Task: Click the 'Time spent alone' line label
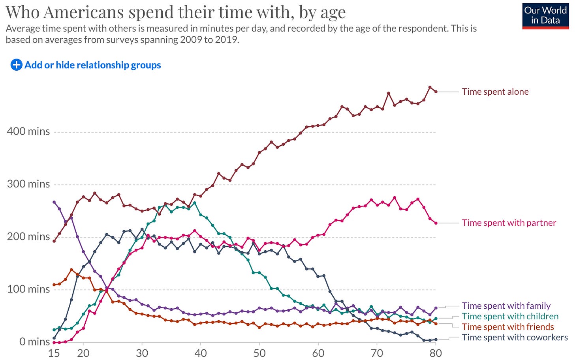(x=495, y=92)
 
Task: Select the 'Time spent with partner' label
(x=509, y=223)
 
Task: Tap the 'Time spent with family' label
(x=506, y=306)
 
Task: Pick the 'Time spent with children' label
(x=510, y=316)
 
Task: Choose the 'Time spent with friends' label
(x=508, y=327)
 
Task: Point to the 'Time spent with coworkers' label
(x=515, y=337)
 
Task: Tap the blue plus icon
(x=16, y=65)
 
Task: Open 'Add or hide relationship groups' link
(x=92, y=65)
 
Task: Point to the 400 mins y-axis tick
(x=28, y=131)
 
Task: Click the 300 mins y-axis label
(x=28, y=184)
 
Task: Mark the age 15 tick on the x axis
(x=54, y=352)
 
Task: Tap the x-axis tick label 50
(x=259, y=352)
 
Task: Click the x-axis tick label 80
(x=436, y=352)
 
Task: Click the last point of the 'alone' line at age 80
(x=436, y=92)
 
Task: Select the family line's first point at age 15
(x=54, y=202)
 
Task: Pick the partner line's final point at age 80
(x=436, y=223)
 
